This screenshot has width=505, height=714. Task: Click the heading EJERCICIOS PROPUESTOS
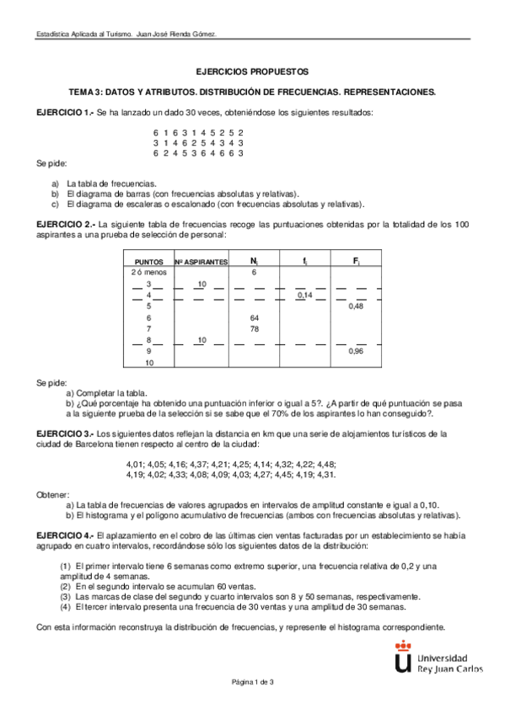pos(251,72)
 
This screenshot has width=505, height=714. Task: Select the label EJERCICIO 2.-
pos(65,225)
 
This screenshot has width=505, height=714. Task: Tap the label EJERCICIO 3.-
pos(65,433)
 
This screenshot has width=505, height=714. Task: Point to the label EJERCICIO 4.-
pos(65,535)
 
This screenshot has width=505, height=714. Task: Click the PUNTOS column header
pos(148,262)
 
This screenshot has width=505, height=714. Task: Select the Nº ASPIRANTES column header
pos(201,262)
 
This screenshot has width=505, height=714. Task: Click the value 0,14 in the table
pos(304,296)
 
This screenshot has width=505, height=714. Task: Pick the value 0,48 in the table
pos(357,306)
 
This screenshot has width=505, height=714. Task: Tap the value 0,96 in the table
pos(357,351)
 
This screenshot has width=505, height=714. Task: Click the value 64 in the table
pos(255,317)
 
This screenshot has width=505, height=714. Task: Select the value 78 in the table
pos(255,328)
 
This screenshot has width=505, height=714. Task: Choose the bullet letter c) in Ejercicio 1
pos(55,203)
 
